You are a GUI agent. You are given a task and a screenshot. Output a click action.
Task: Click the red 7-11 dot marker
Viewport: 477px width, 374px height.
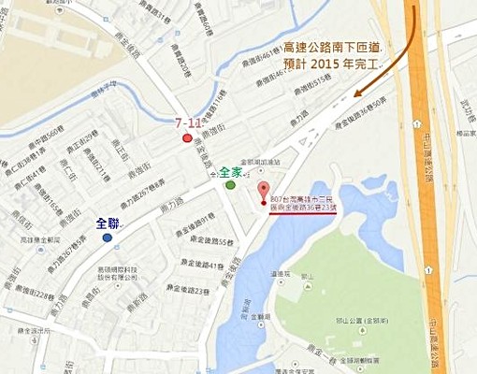point(188,137)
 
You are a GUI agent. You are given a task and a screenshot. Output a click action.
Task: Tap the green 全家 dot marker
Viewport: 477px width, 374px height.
point(230,184)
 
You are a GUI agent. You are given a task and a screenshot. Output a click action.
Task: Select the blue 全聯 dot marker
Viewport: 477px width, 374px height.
point(108,237)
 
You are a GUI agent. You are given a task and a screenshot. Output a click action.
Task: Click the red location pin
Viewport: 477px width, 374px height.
point(262,191)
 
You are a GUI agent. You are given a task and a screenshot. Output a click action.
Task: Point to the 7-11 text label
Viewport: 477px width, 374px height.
point(190,122)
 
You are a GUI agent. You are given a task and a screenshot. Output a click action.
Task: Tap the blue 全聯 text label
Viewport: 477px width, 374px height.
point(108,223)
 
